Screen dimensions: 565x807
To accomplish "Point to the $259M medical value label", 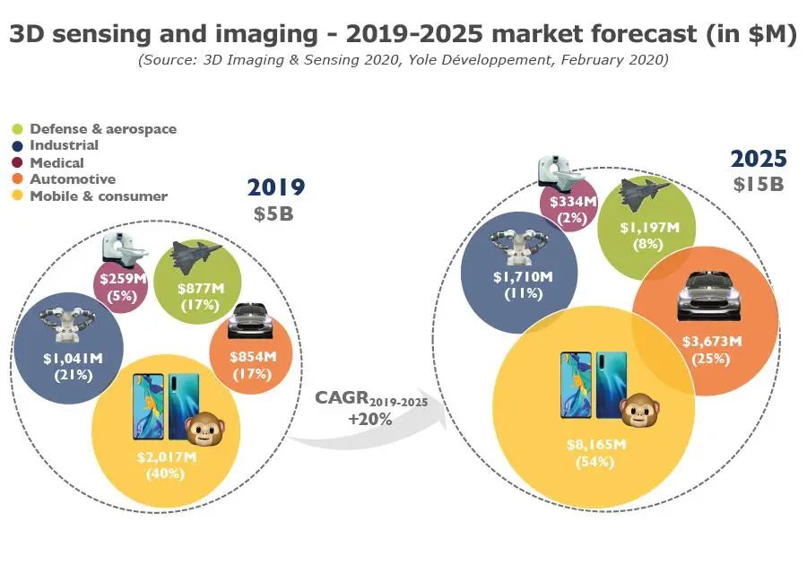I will [120, 280].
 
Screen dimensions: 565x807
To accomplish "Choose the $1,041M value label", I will [73, 359].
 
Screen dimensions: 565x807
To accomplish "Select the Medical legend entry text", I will [56, 163].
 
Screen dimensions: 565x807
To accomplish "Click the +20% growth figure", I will [366, 418].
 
